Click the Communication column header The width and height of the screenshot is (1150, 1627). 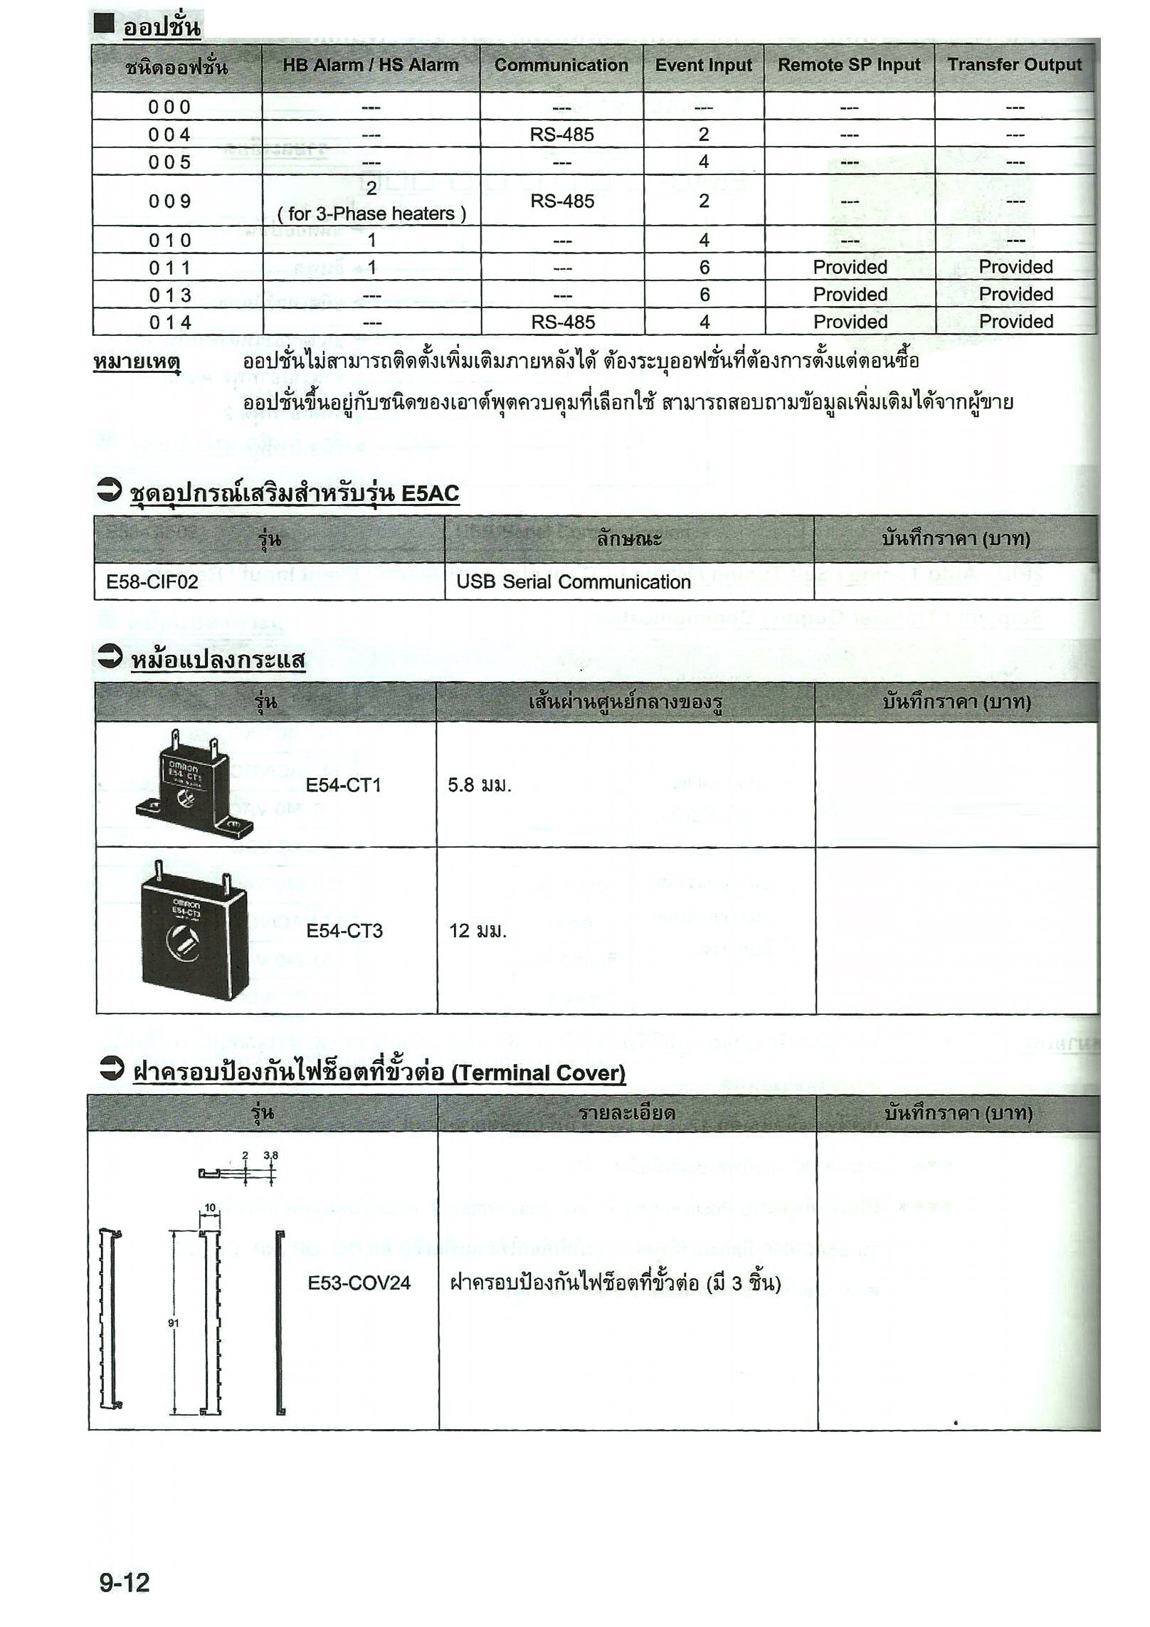(x=561, y=65)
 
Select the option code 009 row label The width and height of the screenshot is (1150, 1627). (x=170, y=201)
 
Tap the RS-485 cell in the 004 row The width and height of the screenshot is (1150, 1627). (x=561, y=135)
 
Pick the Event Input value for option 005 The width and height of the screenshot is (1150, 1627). (x=703, y=162)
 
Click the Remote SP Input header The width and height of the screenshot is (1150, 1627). (x=848, y=65)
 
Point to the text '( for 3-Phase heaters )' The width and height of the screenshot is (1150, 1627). (x=371, y=214)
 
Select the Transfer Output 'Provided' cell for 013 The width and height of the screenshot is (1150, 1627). (x=1016, y=295)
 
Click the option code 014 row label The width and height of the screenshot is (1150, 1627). (x=170, y=322)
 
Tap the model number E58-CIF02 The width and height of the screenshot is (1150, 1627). (x=142, y=582)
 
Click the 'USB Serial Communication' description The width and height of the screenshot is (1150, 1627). (x=574, y=582)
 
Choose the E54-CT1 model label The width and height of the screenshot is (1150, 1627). (x=344, y=785)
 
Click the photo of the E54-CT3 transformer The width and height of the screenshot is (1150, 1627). (x=192, y=930)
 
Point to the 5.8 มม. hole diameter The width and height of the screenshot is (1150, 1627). (x=480, y=785)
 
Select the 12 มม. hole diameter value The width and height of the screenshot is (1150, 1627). (x=478, y=930)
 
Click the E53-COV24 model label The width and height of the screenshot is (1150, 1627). (x=359, y=1283)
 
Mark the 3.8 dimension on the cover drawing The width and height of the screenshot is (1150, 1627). (x=270, y=1156)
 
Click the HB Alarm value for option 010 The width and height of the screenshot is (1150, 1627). (x=371, y=241)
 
